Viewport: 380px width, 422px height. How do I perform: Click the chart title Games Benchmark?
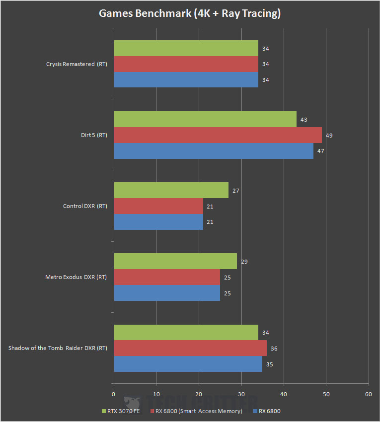(190, 13)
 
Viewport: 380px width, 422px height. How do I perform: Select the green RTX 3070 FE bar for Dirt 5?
(205, 119)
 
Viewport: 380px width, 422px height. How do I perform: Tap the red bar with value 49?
(218, 135)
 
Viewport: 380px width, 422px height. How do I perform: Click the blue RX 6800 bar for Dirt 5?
(213, 150)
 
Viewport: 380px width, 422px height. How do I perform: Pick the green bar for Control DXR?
(171, 190)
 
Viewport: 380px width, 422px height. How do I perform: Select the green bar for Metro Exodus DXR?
(175, 261)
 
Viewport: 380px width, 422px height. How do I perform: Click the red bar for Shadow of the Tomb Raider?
(190, 348)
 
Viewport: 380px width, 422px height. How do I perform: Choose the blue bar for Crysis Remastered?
(186, 79)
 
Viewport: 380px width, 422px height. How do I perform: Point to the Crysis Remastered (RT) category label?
(76, 64)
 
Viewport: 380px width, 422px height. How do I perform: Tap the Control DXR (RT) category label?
(85, 206)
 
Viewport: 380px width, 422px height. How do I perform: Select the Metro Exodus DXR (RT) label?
(76, 277)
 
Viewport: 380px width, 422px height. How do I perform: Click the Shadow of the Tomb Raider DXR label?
(58, 348)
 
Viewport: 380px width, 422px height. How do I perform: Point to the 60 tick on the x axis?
(368, 394)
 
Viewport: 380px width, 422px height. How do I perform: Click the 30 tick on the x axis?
(241, 394)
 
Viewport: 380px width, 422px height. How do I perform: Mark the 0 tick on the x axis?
(114, 394)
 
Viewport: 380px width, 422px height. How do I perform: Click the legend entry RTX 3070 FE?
(122, 411)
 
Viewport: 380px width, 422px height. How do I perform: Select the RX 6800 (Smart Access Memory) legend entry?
(199, 411)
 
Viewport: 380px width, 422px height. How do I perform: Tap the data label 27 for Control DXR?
(236, 190)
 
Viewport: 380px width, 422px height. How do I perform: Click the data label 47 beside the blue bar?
(320, 150)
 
